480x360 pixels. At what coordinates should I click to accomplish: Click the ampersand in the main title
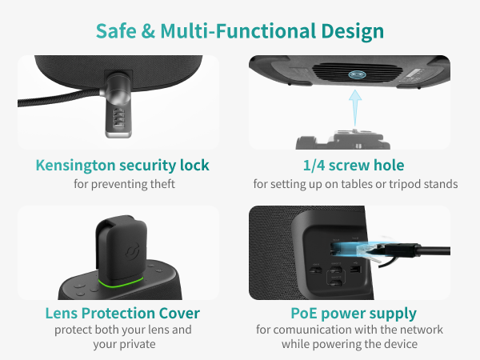[149, 31]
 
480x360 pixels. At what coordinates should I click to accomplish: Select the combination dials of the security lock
[118, 118]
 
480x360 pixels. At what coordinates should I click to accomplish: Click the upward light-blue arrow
[355, 108]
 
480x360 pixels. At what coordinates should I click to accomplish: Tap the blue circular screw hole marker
[357, 74]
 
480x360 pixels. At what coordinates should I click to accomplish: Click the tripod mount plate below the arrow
[343, 139]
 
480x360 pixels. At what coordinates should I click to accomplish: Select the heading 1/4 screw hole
[354, 166]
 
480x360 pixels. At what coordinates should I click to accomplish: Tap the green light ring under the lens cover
[121, 282]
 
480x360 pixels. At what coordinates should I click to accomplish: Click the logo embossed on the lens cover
[132, 250]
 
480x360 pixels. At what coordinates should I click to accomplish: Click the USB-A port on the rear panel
[355, 270]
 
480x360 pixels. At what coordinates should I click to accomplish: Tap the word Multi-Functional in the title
[238, 31]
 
